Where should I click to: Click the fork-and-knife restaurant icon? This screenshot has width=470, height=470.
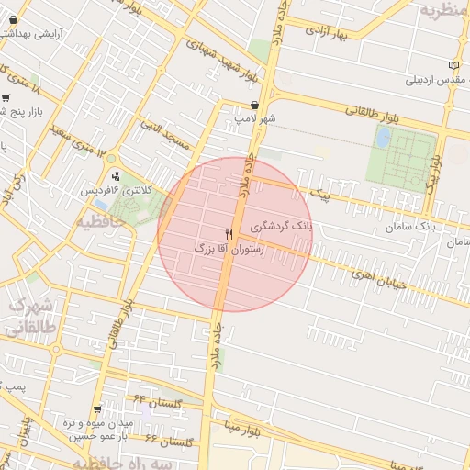pyautogui.click(x=229, y=235)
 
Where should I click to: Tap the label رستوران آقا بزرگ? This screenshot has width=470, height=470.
pyautogui.click(x=229, y=249)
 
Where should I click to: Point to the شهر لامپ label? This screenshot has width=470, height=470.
pyautogui.click(x=254, y=118)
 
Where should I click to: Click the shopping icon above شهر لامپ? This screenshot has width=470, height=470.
pyautogui.click(x=254, y=105)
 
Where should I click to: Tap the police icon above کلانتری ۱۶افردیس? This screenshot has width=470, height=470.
pyautogui.click(x=116, y=175)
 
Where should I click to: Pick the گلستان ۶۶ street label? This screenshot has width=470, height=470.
pyautogui.click(x=169, y=442)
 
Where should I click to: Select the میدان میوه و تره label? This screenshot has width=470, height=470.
pyautogui.click(x=99, y=423)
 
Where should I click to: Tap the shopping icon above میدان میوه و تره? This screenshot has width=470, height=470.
pyautogui.click(x=98, y=409)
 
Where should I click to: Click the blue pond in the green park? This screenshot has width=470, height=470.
pyautogui.click(x=383, y=138)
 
